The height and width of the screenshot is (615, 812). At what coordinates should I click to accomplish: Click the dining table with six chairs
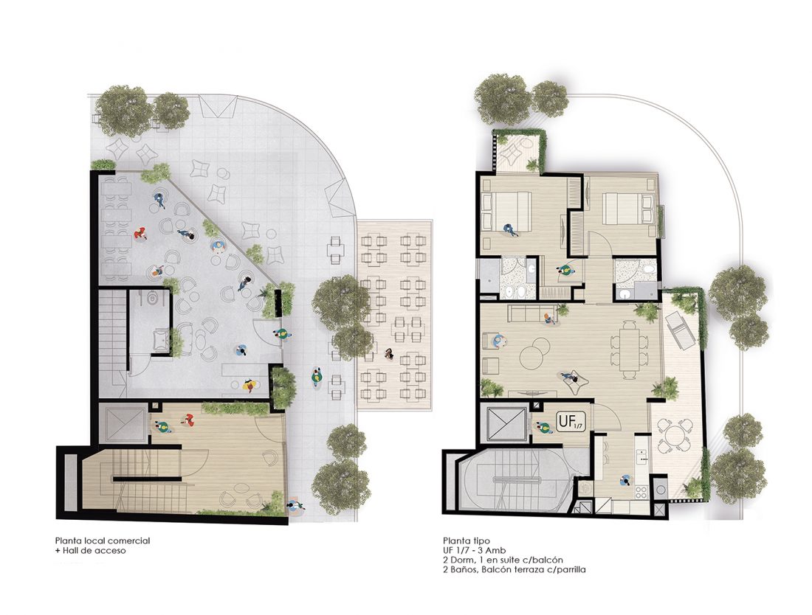pyautogui.click(x=629, y=350)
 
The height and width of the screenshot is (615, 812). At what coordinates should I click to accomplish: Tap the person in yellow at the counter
pyautogui.click(x=250, y=386)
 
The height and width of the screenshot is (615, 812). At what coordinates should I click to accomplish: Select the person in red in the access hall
pyautogui.click(x=188, y=420)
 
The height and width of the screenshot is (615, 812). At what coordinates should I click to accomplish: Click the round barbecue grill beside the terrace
pyautogui.click(x=661, y=490)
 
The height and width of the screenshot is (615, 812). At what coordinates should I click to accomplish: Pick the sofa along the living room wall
pyautogui.click(x=530, y=313)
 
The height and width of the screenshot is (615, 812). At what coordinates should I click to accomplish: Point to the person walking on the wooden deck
pyautogui.click(x=388, y=354)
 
